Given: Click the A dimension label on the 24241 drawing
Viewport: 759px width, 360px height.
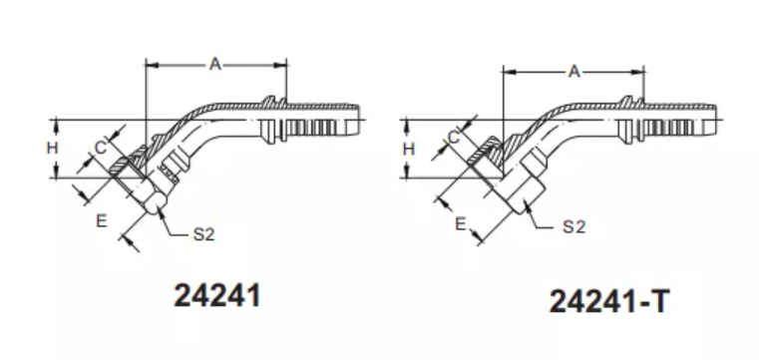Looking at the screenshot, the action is (x=215, y=64).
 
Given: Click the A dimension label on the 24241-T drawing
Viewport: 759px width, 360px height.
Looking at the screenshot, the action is (x=574, y=72).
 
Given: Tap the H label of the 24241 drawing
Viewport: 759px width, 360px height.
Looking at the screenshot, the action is (x=52, y=148).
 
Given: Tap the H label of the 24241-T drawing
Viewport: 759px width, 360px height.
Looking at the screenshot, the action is (x=409, y=149).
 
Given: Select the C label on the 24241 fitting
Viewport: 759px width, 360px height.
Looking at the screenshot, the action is (x=100, y=148).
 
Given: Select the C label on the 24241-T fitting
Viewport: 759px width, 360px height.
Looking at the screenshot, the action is (x=453, y=138).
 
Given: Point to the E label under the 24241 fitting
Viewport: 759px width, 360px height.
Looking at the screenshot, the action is (x=101, y=221).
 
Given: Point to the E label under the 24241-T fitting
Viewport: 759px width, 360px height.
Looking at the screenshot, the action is (x=461, y=224).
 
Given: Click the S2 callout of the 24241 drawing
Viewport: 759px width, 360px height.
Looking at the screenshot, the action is (x=203, y=234).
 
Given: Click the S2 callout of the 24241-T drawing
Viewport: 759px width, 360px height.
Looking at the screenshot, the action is (x=574, y=226).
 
